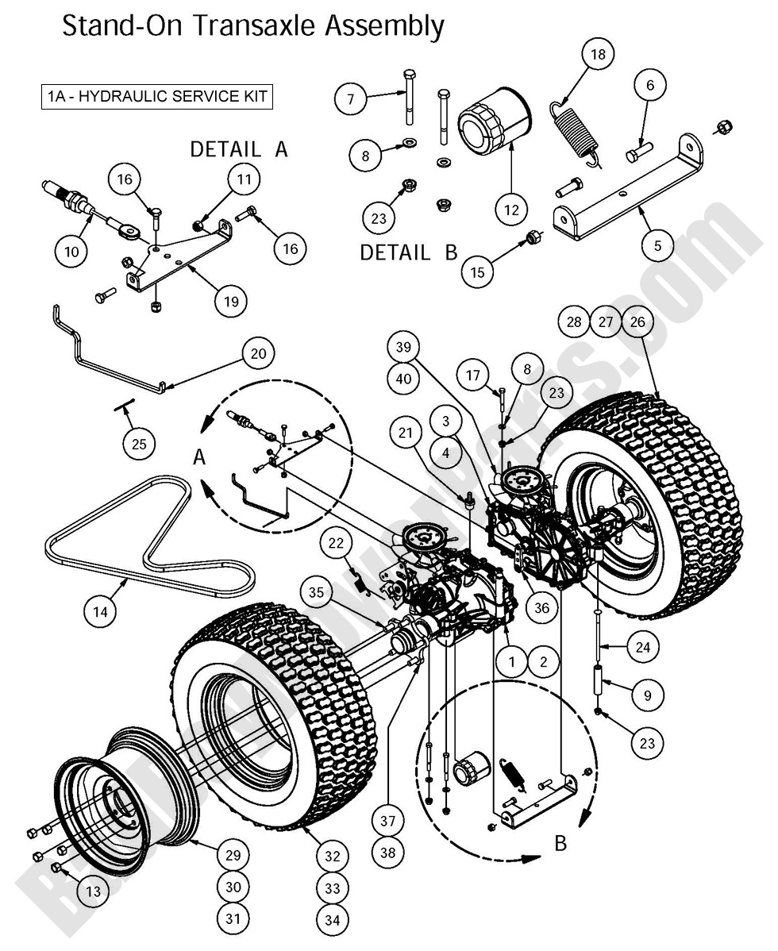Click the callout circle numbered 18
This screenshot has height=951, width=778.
(598, 54)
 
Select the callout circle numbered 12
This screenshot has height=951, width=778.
(511, 210)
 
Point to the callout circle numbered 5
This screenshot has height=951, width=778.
(657, 245)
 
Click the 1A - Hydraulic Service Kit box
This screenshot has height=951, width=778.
(157, 97)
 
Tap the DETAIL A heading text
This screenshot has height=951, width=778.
(238, 148)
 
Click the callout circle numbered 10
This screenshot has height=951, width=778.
(71, 251)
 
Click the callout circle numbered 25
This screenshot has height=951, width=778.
(139, 443)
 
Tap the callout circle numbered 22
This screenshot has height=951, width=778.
(337, 543)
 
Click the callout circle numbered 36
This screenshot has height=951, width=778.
(541, 607)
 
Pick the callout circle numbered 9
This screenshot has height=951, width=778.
(647, 695)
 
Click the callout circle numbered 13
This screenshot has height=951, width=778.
(94, 891)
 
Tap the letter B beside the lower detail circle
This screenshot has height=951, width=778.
(560, 842)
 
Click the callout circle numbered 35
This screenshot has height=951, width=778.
(317, 591)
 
